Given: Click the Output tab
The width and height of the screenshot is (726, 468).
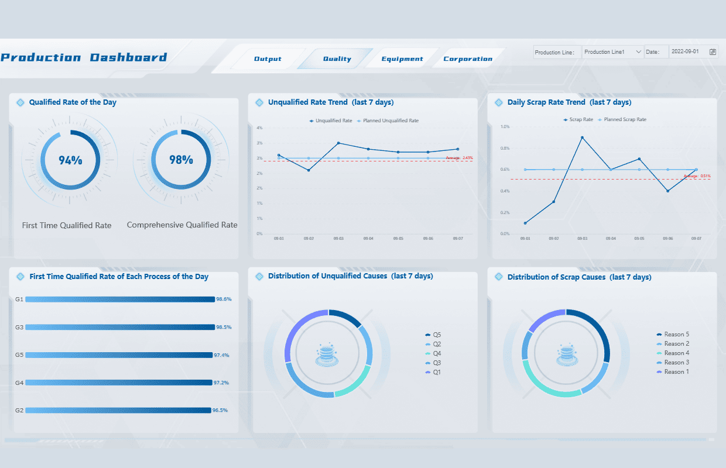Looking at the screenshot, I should click(268, 59).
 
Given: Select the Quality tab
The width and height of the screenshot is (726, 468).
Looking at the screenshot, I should click(337, 59).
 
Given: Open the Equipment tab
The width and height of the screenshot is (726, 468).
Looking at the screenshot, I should click(402, 59).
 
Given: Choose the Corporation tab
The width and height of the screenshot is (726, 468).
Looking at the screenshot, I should click(468, 59).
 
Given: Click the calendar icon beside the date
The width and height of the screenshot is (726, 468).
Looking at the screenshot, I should click(713, 52).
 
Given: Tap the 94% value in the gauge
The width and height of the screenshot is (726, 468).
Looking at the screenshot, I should click(70, 160).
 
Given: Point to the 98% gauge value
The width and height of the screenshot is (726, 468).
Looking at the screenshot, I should click(181, 159).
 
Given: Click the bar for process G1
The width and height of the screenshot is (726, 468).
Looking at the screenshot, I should click(120, 300).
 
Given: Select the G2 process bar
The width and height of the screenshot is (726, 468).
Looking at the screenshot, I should click(118, 410).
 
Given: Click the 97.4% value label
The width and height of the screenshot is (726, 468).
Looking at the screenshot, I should click(221, 355).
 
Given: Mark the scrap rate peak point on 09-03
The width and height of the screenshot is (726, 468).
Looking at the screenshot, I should click(582, 137).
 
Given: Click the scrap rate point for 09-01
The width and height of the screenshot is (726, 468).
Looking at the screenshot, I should click(525, 223).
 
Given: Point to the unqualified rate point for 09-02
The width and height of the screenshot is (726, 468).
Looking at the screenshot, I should click(309, 170).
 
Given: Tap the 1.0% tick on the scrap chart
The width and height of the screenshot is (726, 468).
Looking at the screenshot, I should click(505, 126).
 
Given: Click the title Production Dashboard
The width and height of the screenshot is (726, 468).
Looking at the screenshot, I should click(84, 57).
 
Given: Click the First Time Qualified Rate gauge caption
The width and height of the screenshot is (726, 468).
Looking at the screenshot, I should click(67, 225).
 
